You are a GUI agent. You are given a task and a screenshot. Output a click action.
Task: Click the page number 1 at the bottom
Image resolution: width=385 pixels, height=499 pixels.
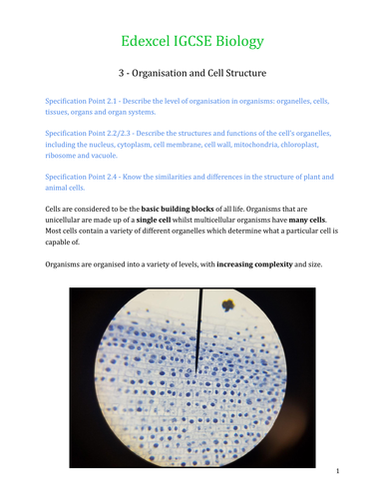click(x=338, y=469)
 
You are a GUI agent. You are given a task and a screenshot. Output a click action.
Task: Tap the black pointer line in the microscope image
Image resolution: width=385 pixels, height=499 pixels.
click(x=200, y=329)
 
